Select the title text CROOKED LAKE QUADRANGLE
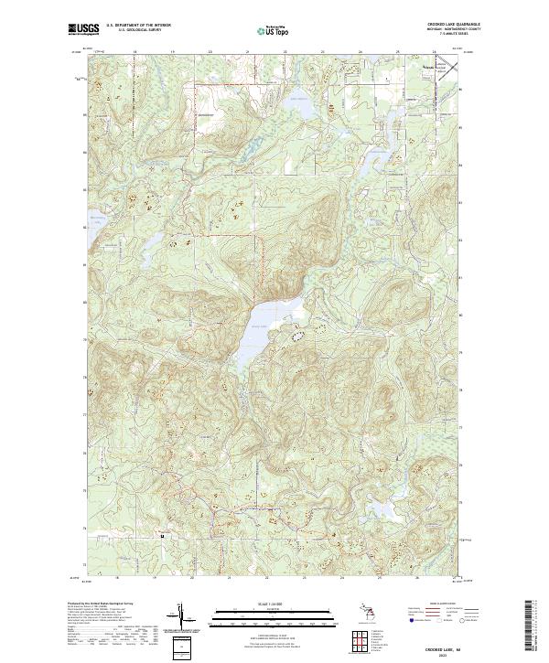(x=455, y=24)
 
